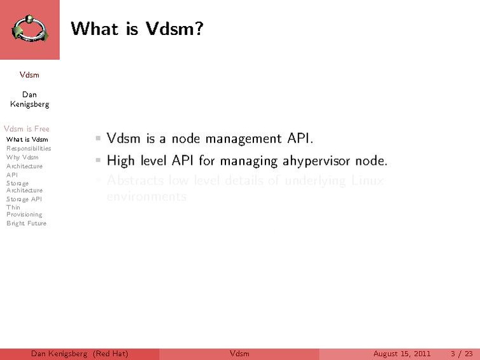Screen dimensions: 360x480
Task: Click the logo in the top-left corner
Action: (x=30, y=30)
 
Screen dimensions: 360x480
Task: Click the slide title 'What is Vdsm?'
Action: (x=137, y=29)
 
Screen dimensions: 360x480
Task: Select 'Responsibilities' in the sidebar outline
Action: (x=29, y=148)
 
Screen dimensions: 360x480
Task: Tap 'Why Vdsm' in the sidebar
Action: (x=22, y=157)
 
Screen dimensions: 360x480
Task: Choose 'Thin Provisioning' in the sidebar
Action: (x=24, y=211)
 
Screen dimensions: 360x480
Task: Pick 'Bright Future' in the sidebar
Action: (x=26, y=223)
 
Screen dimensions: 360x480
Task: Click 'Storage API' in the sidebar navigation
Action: (x=24, y=198)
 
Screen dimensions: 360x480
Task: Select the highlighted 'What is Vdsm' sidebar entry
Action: (x=27, y=139)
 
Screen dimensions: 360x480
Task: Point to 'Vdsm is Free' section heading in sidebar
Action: (x=27, y=128)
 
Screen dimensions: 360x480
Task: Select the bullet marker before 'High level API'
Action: (x=98, y=159)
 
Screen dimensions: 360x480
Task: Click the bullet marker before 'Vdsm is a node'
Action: (x=98, y=137)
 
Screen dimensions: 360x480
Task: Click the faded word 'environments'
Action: (x=147, y=197)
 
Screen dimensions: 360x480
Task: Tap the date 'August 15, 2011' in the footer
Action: (x=402, y=354)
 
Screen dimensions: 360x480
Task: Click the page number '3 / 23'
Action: (x=462, y=354)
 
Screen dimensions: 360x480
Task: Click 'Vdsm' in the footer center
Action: (x=239, y=354)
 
